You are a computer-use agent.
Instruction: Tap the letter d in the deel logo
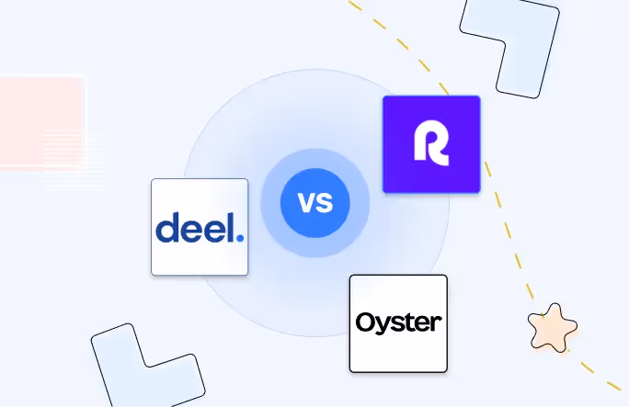pyautogui.click(x=167, y=228)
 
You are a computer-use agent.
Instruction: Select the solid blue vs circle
pyautogui.click(x=314, y=201)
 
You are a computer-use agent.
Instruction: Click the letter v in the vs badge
pyautogui.click(x=305, y=202)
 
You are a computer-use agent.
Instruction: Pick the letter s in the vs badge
pyautogui.click(x=325, y=202)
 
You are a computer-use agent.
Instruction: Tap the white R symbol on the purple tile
pyautogui.click(x=430, y=144)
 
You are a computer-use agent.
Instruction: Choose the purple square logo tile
pyautogui.click(x=431, y=144)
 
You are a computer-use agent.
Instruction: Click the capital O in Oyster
pyautogui.click(x=366, y=323)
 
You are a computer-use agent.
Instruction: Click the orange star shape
pyautogui.click(x=553, y=326)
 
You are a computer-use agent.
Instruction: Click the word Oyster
pyautogui.click(x=398, y=323)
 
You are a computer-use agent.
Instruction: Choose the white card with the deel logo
pyautogui.click(x=200, y=227)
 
